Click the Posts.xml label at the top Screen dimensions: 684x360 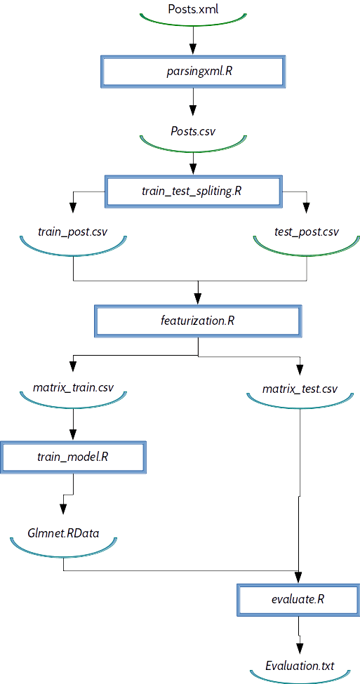click(192, 10)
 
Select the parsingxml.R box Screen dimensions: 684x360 click(192, 71)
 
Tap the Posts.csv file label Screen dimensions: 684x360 click(193, 131)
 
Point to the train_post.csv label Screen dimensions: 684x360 click(73, 231)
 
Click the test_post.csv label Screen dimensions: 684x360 click(305, 231)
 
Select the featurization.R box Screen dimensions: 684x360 click(198, 322)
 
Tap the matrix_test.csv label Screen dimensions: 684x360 click(300, 388)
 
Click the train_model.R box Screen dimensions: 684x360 click(73, 457)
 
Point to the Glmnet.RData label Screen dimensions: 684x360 click(64, 533)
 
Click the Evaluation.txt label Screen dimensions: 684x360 click(300, 665)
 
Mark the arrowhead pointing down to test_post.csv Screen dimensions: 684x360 click(305, 208)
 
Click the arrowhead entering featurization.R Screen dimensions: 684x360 click(198, 300)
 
